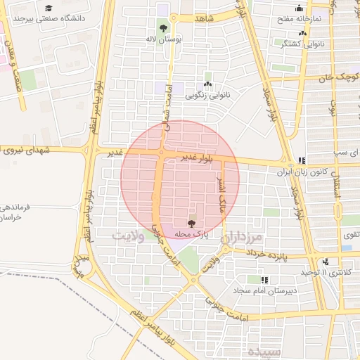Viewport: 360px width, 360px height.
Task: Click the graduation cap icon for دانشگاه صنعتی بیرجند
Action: coord(48,8)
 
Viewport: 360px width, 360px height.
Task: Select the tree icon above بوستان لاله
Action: coord(164,28)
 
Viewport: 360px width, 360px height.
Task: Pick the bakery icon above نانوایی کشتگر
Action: coord(302,32)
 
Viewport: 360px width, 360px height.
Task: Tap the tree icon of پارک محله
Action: coord(192,222)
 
